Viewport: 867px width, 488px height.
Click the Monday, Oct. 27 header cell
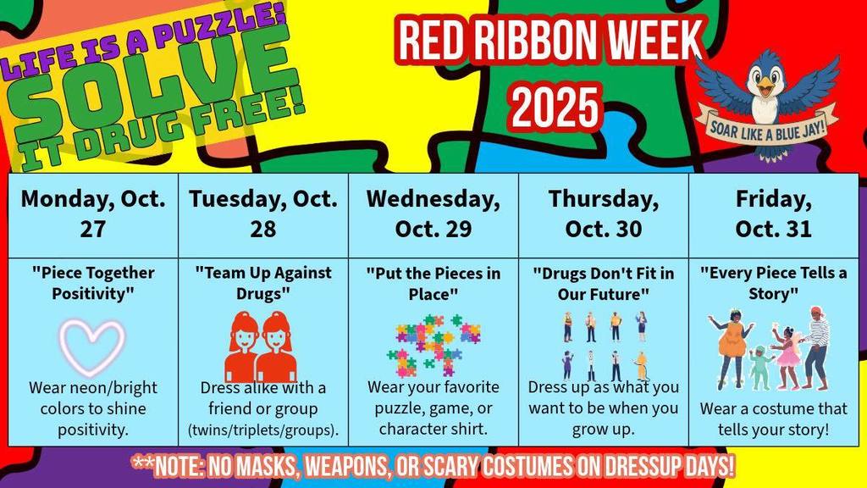click(x=93, y=213)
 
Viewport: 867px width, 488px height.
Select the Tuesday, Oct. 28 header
click(x=263, y=213)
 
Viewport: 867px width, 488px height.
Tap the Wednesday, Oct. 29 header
click(x=433, y=213)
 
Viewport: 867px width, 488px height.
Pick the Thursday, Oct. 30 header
click(x=604, y=213)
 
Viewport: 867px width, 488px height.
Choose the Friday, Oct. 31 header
click(x=774, y=213)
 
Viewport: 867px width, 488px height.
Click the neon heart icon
click(x=93, y=346)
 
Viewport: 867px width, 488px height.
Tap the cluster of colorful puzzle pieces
click(x=433, y=346)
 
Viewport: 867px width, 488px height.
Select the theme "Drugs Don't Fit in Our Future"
click(x=604, y=283)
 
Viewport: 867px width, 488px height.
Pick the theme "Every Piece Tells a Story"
click(x=774, y=283)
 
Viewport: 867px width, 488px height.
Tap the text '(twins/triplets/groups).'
click(x=263, y=430)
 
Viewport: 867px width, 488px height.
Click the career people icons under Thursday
click(x=605, y=346)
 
